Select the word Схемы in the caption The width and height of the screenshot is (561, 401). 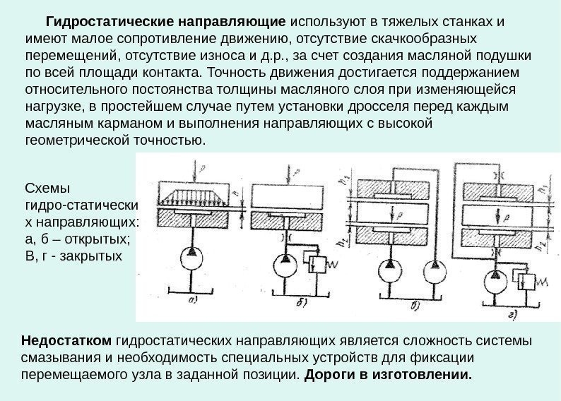pyautogui.click(x=44, y=189)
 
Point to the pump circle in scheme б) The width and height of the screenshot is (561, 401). pyautogui.click(x=285, y=265)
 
